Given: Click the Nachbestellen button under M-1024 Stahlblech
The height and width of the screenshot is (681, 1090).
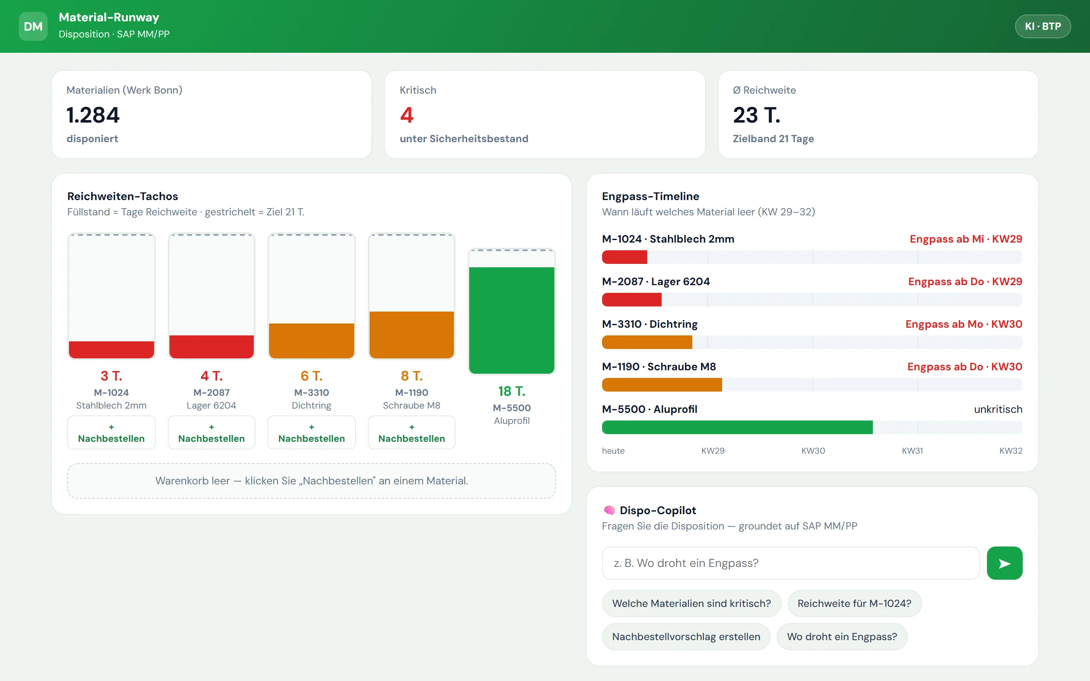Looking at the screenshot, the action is [x=111, y=432].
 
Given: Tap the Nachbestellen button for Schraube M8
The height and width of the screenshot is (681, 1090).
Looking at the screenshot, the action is [x=411, y=432].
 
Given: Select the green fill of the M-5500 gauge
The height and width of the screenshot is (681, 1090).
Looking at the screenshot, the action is [x=512, y=320].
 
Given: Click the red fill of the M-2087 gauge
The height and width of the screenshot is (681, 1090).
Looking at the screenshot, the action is [x=211, y=347].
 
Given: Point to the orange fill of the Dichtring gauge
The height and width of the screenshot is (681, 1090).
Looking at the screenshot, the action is [x=311, y=341].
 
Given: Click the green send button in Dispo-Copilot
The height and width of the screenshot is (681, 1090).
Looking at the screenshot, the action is [x=1004, y=563].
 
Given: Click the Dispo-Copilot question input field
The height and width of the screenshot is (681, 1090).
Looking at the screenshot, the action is [x=791, y=563].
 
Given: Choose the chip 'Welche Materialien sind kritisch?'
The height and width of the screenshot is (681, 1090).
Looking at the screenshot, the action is [x=691, y=604].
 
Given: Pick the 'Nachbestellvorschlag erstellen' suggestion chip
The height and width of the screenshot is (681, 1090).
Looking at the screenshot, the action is [x=686, y=637].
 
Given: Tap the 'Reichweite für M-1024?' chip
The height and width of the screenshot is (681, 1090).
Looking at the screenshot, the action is [x=855, y=604].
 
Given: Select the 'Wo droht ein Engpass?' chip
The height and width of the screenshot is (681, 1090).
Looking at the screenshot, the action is [x=842, y=637].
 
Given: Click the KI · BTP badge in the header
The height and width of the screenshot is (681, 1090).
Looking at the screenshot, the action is [x=1043, y=26].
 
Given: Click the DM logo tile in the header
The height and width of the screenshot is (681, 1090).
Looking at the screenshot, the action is [x=33, y=26].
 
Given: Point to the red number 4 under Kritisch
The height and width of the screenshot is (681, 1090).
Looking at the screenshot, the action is [x=407, y=115].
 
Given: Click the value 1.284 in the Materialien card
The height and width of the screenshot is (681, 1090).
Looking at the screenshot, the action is [x=93, y=115].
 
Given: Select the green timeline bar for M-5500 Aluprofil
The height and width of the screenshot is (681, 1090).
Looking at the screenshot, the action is [x=737, y=427].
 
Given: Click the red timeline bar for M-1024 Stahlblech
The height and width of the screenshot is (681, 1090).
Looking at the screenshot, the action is [x=625, y=257].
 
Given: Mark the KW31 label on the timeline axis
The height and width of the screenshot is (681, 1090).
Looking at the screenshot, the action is [x=912, y=451].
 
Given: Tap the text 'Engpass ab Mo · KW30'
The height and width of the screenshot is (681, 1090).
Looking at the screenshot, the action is [x=964, y=324].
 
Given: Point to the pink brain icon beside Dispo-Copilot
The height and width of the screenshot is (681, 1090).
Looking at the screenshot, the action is [x=609, y=510].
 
